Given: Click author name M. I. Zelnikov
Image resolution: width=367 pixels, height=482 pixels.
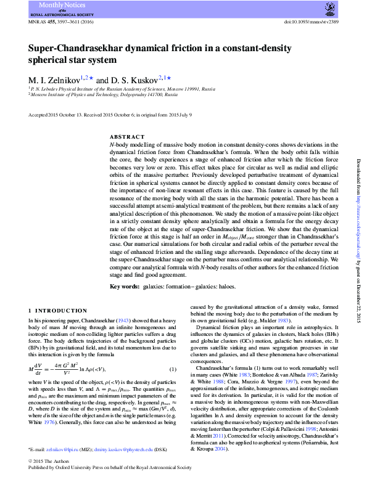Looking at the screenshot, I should pos(55,80).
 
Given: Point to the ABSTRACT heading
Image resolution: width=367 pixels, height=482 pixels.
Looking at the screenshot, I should pos(126,136).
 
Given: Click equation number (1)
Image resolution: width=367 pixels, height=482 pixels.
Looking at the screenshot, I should pos(173,369).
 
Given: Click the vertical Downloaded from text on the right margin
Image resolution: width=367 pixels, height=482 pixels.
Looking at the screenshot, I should pos(358,185).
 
